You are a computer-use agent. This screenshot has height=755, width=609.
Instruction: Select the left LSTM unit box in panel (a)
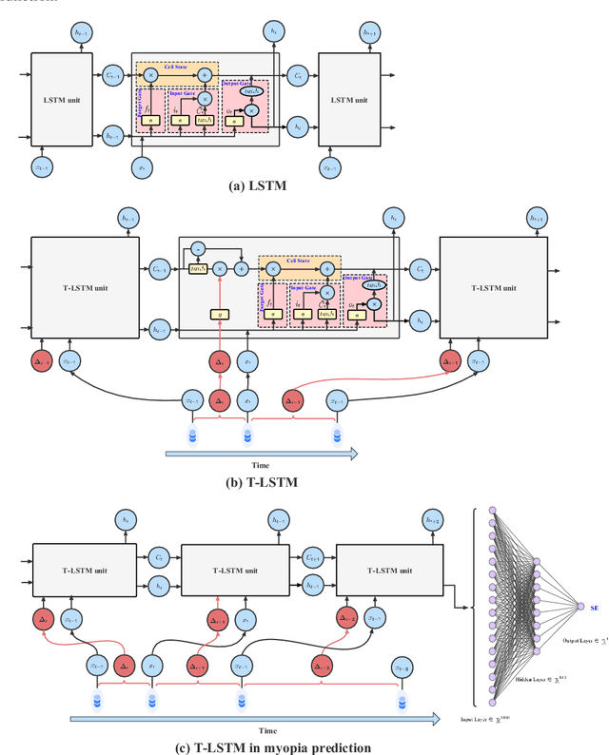62,100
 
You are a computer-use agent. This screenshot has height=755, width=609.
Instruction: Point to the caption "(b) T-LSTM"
262,482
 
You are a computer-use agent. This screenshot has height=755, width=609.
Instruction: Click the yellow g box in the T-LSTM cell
219,314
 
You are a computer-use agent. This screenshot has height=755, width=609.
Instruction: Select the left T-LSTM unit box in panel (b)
87,284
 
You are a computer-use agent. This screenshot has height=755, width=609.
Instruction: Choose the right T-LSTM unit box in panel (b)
494,284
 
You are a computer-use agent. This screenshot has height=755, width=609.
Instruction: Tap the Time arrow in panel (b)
262,455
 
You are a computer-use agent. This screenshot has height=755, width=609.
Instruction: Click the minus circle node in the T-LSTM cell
196,248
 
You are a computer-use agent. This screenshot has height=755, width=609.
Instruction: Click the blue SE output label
595,608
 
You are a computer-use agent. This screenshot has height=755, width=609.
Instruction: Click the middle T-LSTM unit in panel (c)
233,571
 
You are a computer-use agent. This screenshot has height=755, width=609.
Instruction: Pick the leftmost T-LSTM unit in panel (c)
86,571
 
